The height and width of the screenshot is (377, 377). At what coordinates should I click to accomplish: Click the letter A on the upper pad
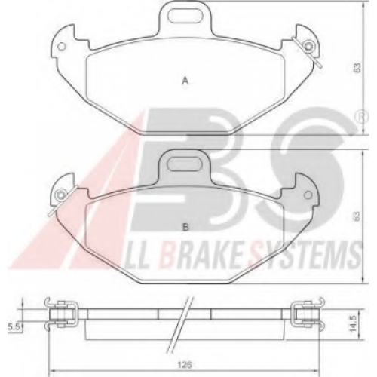185,81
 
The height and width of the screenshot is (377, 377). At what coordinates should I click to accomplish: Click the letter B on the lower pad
185,227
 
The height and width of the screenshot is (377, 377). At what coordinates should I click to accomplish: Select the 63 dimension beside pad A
357,67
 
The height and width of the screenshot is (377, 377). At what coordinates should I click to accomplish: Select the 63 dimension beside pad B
357,216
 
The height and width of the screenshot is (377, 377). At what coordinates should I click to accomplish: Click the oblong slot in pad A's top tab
185,16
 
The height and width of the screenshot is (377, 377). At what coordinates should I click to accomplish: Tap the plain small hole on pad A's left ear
62,47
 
